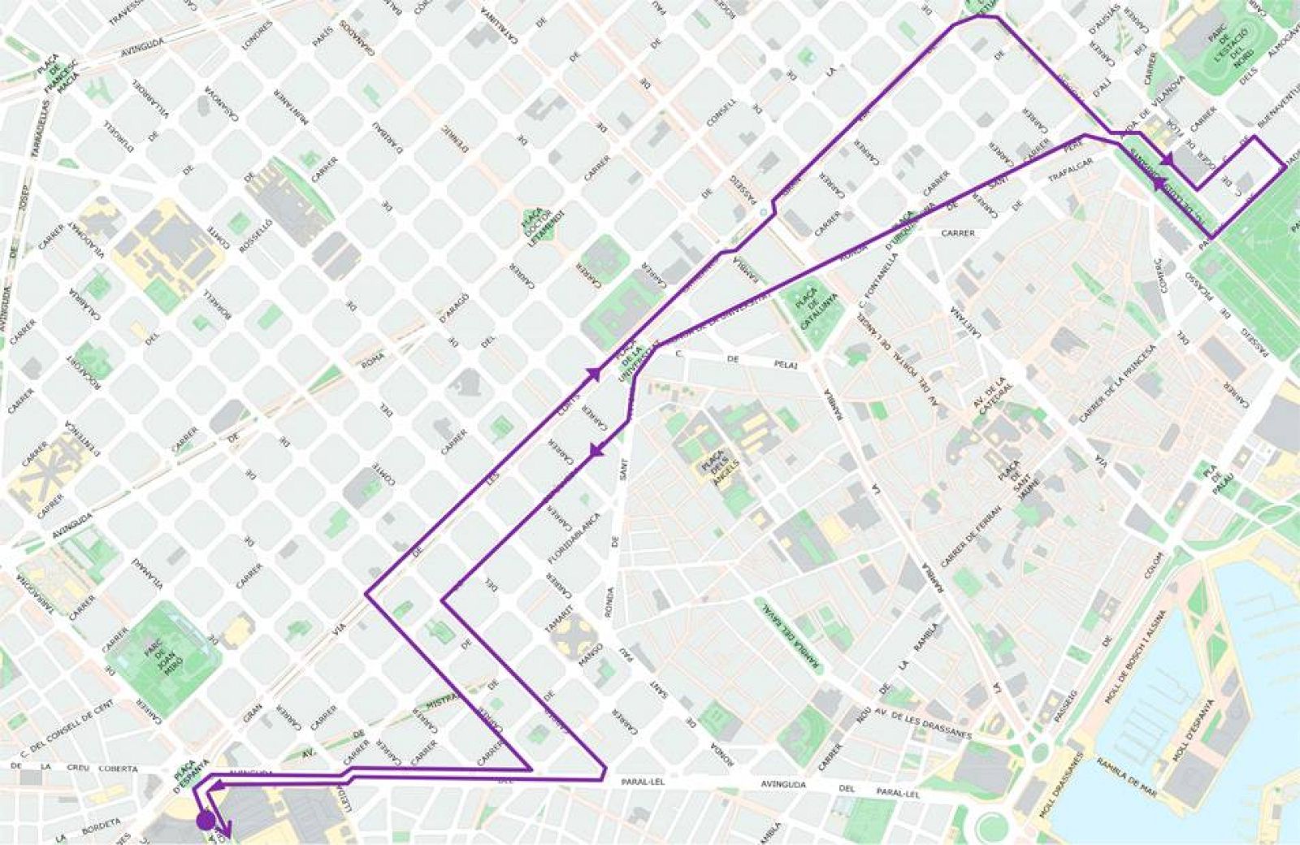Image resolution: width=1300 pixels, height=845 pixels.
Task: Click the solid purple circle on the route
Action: [206, 820]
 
